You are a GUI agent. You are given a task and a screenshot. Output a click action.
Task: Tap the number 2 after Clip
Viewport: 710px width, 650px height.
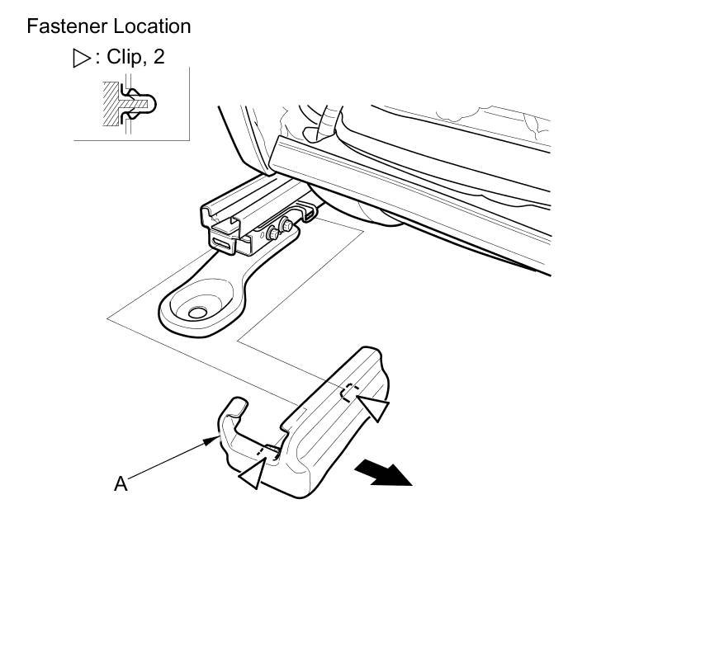pos(159,59)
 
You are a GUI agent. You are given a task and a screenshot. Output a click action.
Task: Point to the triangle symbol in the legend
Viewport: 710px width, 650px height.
pos(81,59)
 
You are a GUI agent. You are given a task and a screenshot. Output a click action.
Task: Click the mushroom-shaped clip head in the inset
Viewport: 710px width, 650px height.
pos(149,105)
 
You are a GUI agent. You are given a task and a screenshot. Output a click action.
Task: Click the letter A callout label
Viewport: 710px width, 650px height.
pos(121,484)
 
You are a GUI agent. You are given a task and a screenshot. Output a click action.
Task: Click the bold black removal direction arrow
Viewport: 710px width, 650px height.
pos(384,474)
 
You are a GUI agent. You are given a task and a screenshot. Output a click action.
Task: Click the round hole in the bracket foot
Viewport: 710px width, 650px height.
pos(197,312)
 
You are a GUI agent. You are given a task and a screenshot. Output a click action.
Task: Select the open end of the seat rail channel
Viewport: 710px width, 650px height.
pos(216,219)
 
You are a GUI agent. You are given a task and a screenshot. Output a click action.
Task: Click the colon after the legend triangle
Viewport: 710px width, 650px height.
pos(98,59)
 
